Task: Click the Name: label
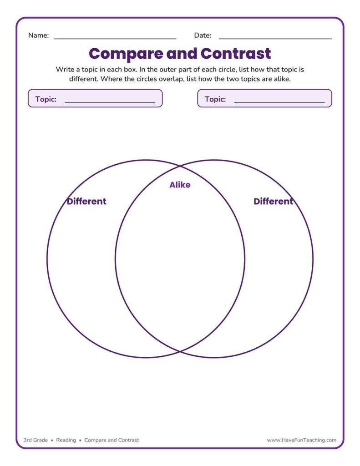(x=38, y=35)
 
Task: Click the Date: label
(x=203, y=35)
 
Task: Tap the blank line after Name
(x=115, y=39)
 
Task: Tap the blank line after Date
(x=275, y=39)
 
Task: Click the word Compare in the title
(x=126, y=54)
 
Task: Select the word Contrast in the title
(x=236, y=54)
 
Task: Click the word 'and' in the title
(x=182, y=54)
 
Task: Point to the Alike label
(x=180, y=185)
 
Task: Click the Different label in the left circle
(x=86, y=201)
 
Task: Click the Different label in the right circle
(x=273, y=201)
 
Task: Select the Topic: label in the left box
(x=46, y=99)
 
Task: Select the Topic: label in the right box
(x=215, y=99)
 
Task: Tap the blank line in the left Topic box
(x=110, y=102)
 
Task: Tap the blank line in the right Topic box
(x=279, y=102)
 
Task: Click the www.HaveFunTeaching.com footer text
(x=302, y=440)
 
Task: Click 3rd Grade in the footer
(x=35, y=440)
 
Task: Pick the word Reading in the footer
(x=66, y=440)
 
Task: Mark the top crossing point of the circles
(x=180, y=166)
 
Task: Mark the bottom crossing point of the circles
(x=180, y=352)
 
